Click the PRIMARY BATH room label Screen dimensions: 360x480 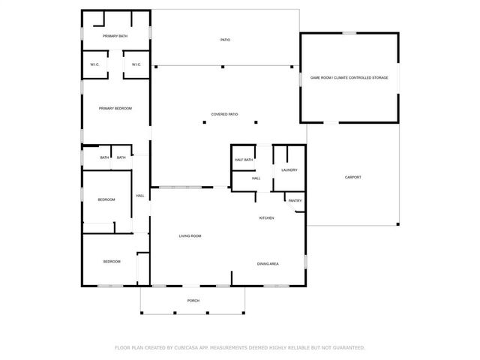pyautogui.click(x=115, y=36)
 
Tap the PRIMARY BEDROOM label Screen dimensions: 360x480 pyautogui.click(x=115, y=109)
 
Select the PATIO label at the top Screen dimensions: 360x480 pyautogui.click(x=225, y=40)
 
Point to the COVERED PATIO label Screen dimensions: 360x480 pyautogui.click(x=224, y=114)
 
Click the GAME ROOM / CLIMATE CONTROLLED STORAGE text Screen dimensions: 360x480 pyautogui.click(x=349, y=77)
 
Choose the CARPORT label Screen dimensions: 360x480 pyautogui.click(x=352, y=177)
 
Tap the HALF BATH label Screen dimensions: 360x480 pyautogui.click(x=243, y=160)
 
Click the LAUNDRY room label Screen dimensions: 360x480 pyautogui.click(x=289, y=170)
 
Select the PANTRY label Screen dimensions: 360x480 pyautogui.click(x=295, y=200)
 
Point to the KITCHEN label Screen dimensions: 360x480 pyautogui.click(x=266, y=218)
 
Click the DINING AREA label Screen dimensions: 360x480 pyautogui.click(x=268, y=264)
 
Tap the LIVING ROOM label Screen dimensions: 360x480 pyautogui.click(x=190, y=236)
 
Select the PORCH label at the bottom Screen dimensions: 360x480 pyautogui.click(x=193, y=301)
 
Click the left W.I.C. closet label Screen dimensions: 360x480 pyautogui.click(x=95, y=64)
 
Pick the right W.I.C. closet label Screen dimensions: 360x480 pyautogui.click(x=136, y=64)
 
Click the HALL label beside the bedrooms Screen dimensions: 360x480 pyautogui.click(x=140, y=196)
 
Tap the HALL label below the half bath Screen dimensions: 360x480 pyautogui.click(x=256, y=178)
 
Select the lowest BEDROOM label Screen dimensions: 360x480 pyautogui.click(x=112, y=261)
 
